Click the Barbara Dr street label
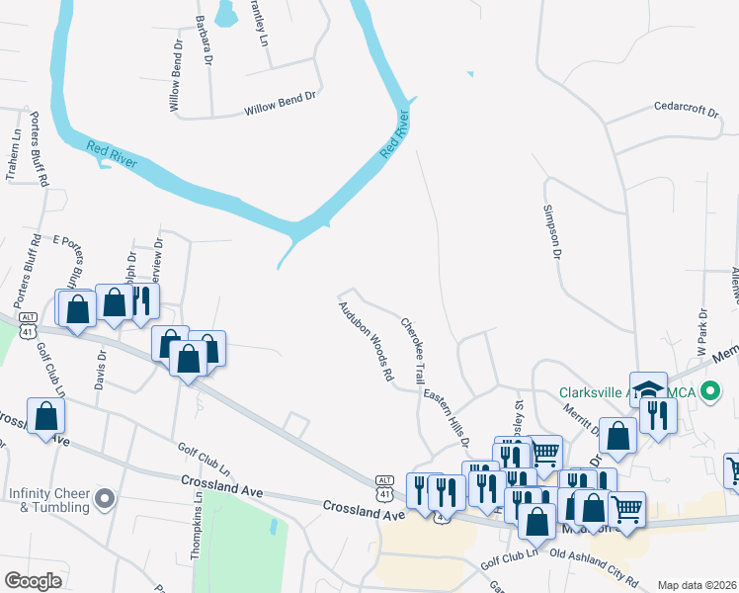[x=205, y=40]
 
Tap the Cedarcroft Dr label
[x=687, y=108]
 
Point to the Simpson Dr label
[x=550, y=232]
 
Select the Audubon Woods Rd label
[x=367, y=342]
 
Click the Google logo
[x=34, y=580]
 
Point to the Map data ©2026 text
[x=697, y=585]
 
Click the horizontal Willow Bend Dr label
[x=280, y=105]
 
